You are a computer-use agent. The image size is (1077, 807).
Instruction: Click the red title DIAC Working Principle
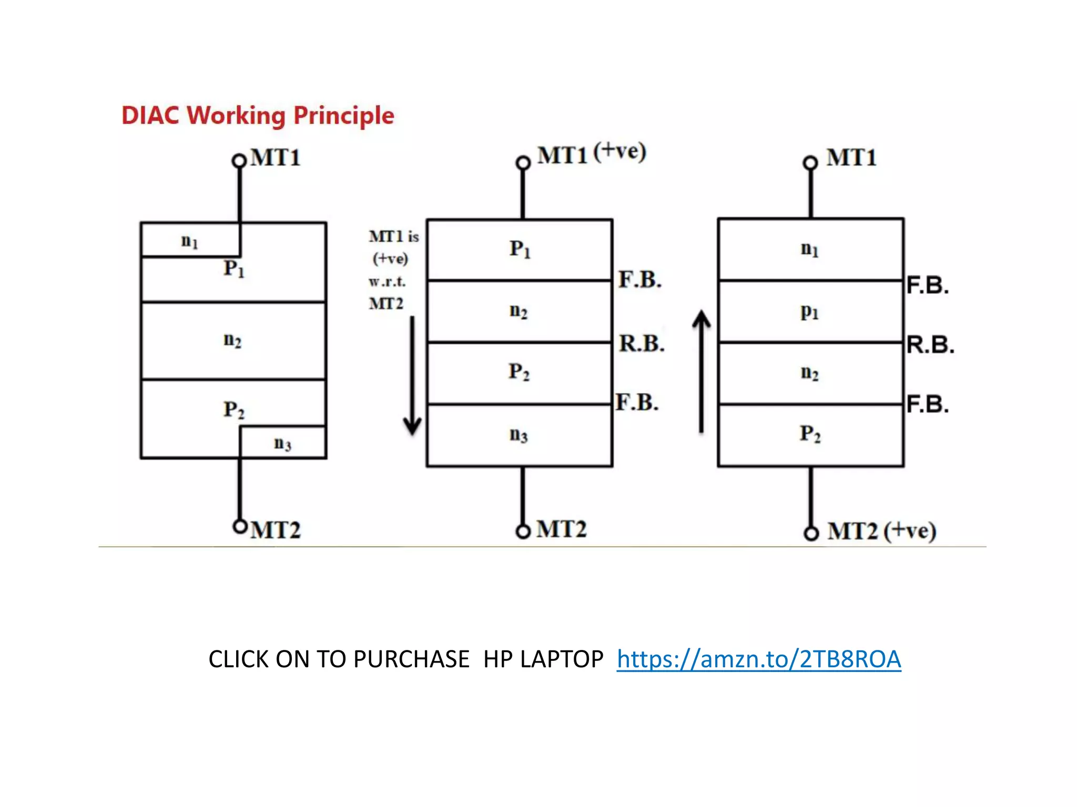258,116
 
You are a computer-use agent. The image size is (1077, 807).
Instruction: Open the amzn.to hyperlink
759,659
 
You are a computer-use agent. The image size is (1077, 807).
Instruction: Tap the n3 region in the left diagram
282,443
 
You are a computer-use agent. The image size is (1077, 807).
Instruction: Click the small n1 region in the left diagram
189,241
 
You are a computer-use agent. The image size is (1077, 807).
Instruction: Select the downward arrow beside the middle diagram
412,376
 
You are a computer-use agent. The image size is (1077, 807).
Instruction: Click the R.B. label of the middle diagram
642,344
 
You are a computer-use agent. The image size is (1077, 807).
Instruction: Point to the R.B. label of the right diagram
930,345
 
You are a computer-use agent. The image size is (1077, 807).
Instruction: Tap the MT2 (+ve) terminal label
881,531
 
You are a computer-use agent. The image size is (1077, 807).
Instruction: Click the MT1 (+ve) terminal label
591,154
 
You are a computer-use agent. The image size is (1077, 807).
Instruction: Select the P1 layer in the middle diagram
520,249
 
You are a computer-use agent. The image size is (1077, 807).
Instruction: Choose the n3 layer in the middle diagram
519,434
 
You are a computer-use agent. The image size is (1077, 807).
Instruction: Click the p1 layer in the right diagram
810,312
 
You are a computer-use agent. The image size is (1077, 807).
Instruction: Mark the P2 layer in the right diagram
810,434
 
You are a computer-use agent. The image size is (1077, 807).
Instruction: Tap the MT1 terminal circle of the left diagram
239,161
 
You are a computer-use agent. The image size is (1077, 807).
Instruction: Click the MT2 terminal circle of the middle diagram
523,532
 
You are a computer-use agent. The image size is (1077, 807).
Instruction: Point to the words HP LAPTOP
543,659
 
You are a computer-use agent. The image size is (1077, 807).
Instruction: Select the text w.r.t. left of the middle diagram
387,282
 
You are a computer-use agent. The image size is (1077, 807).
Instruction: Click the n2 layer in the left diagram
232,340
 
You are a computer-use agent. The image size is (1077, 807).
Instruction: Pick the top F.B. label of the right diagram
928,285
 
